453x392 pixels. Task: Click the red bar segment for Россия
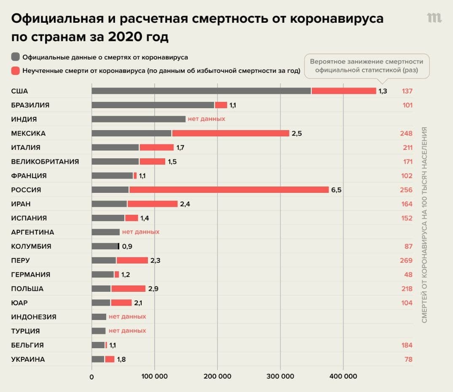pyautogui.click(x=229, y=190)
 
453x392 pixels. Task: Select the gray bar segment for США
pyautogui.click(x=201, y=91)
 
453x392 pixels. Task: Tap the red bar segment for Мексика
pyautogui.click(x=231, y=133)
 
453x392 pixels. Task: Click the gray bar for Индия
pyautogui.click(x=138, y=119)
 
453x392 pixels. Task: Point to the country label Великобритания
pyautogui.click(x=45, y=162)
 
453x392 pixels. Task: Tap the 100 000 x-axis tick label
pyautogui.click(x=154, y=376)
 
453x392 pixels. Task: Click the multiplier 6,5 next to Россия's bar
pyautogui.click(x=336, y=190)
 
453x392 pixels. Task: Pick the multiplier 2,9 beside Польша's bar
pyautogui.click(x=153, y=289)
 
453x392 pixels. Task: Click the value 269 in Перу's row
pyautogui.click(x=406, y=261)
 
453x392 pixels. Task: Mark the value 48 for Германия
pyautogui.click(x=408, y=275)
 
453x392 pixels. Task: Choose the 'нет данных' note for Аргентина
pyautogui.click(x=141, y=232)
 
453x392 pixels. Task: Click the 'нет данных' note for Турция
pyautogui.click(x=127, y=331)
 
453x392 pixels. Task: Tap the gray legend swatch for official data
pyautogui.click(x=16, y=57)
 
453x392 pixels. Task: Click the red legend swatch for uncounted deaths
pyautogui.click(x=16, y=71)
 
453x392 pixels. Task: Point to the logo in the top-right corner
pyautogui.click(x=434, y=18)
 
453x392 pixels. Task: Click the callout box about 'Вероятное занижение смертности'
pyautogui.click(x=367, y=66)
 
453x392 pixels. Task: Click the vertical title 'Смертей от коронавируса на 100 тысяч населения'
pyautogui.click(x=424, y=225)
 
